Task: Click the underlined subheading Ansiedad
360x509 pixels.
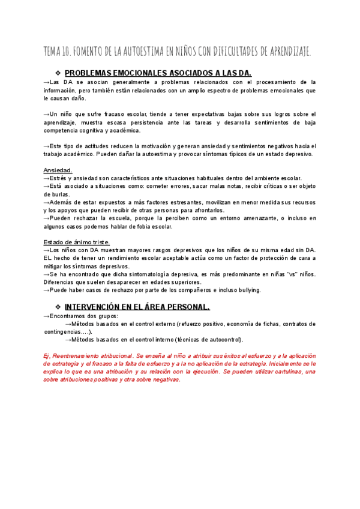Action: click(58, 170)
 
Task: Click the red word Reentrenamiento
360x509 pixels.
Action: click(80, 355)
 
